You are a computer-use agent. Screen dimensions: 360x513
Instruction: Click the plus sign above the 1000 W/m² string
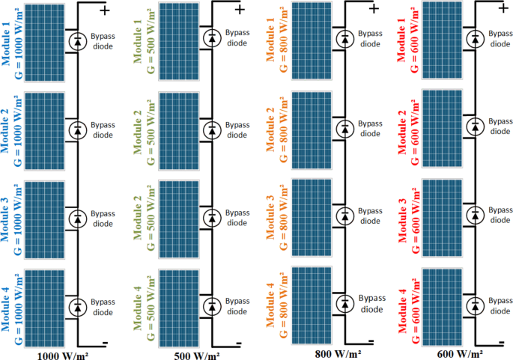pos(106,10)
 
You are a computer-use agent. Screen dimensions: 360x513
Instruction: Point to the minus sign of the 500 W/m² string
pos(238,344)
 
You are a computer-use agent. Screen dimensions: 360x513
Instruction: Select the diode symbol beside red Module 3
pos(475,216)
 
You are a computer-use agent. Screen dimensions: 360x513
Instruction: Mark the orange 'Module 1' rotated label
pos(271,41)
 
